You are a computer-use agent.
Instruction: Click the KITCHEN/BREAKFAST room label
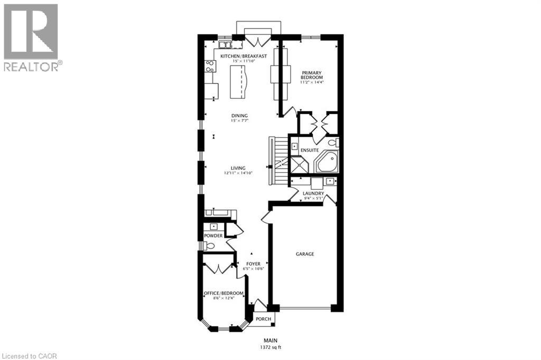click(x=243, y=56)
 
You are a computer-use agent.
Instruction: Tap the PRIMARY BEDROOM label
click(x=312, y=74)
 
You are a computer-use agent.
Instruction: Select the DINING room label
click(x=239, y=116)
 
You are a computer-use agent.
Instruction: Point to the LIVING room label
click(x=238, y=168)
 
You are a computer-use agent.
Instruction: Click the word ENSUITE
click(x=310, y=150)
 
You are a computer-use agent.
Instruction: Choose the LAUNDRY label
click(x=313, y=193)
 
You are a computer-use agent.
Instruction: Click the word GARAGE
click(x=305, y=254)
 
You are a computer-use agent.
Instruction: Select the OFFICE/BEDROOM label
click(x=224, y=293)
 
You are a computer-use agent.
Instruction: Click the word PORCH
click(x=263, y=319)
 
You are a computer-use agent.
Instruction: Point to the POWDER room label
click(x=213, y=236)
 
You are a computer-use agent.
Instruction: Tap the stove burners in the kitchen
click(x=210, y=66)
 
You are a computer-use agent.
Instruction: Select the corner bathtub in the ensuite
click(x=328, y=161)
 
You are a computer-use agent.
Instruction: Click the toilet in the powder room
click(x=209, y=245)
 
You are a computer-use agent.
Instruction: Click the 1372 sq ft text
click(x=271, y=347)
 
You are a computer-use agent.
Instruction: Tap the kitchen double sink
click(x=224, y=45)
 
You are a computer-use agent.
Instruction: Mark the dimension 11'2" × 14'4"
click(x=312, y=82)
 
